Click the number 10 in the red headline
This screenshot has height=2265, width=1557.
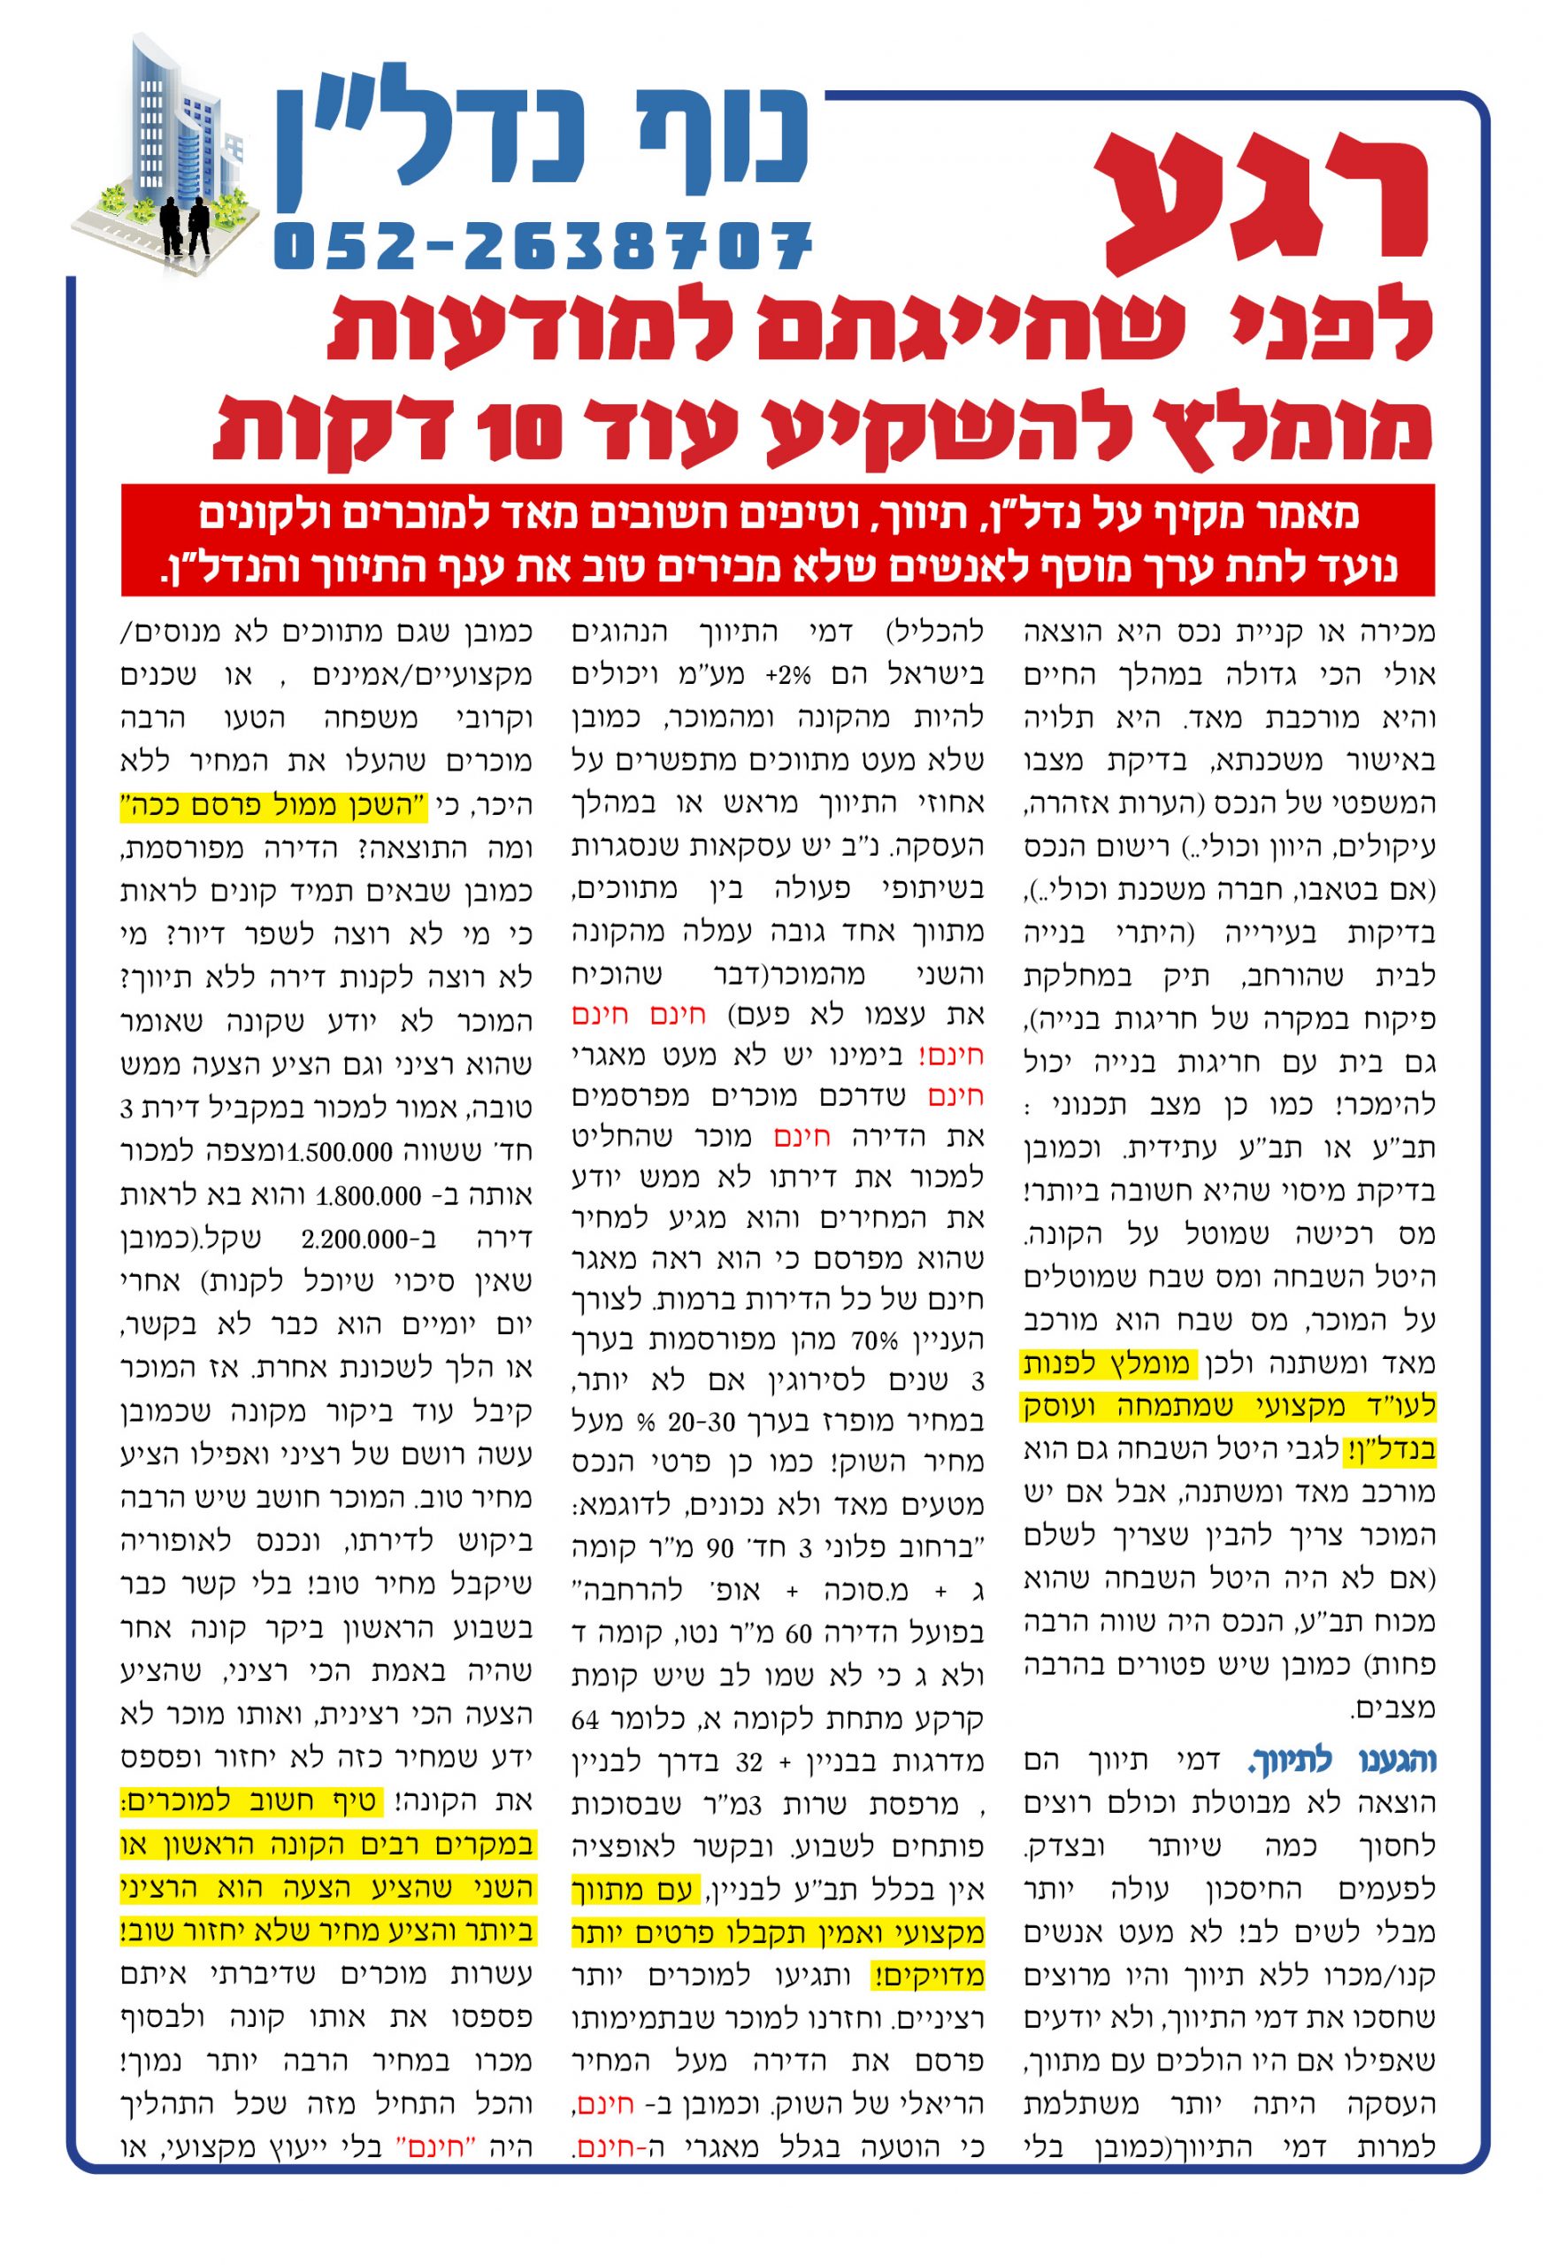pos(518,431)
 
